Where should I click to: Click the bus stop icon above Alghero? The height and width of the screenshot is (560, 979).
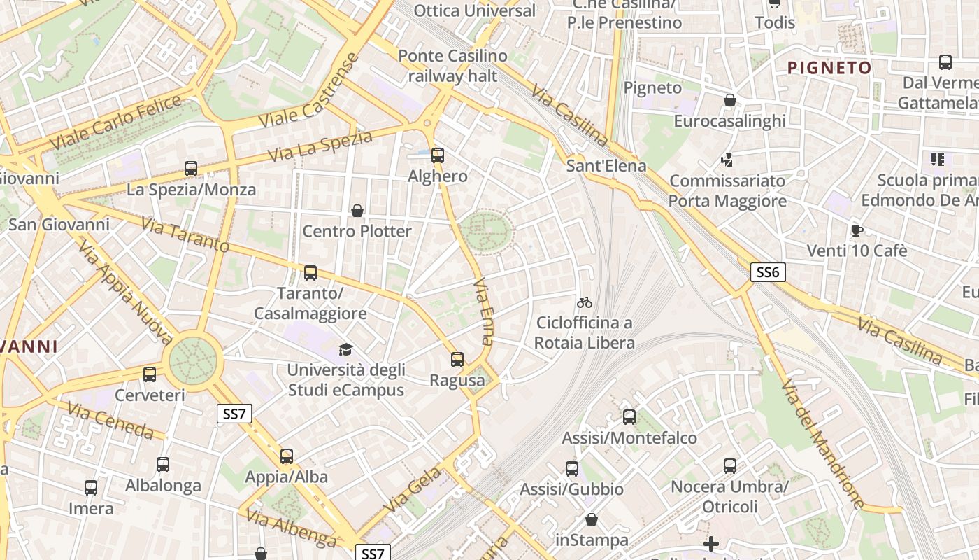pos(438,155)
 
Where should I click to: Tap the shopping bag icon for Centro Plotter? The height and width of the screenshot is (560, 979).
pos(357,211)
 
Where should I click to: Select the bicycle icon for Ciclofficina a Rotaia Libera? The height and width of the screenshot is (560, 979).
pos(585,302)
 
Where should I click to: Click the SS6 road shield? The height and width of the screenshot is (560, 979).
pos(767,272)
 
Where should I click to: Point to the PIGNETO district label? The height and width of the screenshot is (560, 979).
pos(829,68)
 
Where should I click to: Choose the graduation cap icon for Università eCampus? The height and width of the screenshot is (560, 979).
pos(345,349)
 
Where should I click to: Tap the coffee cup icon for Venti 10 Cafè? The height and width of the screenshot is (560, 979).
pos(857,230)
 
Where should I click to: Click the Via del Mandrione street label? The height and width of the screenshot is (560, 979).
pos(822,444)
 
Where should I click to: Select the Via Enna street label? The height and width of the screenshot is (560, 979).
pos(483,312)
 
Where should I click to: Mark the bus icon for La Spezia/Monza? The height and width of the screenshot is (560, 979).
pos(191,169)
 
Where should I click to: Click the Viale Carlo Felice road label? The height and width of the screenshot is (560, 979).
pos(116,123)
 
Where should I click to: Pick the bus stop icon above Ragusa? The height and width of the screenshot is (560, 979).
pos(457,360)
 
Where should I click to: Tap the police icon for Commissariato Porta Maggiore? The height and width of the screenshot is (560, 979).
pos(727,160)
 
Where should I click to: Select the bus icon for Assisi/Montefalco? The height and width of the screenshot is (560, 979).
pos(629,417)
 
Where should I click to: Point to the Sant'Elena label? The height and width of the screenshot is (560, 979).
pos(606,167)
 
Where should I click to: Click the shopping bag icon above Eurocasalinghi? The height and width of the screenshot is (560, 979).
pos(730,101)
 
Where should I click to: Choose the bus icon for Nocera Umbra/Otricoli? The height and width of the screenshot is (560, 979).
pos(730,465)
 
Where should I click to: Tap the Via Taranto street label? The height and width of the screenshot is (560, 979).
pos(185,234)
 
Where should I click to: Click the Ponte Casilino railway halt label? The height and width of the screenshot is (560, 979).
pos(452,66)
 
